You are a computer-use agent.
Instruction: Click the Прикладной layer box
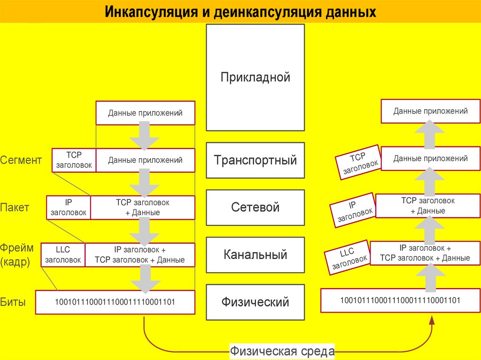pos(255,77)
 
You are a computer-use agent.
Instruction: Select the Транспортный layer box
pos(255,161)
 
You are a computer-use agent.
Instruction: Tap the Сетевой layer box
pos(255,207)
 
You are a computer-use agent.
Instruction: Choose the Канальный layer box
pos(255,255)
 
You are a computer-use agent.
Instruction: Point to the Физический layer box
pos(255,302)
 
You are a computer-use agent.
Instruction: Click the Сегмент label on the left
pos(21,161)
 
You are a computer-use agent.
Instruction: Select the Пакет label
pos(15,207)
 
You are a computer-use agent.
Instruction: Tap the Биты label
pos(13,302)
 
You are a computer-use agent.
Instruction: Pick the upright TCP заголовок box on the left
pos(74,161)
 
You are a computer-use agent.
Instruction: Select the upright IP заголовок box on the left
pos(69,207)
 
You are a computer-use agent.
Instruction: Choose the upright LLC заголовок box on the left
pos(63,255)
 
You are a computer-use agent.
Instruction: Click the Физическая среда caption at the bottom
pos(282,351)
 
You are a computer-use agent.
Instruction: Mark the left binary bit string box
pos(115,302)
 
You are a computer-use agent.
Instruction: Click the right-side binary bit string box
pos(400,300)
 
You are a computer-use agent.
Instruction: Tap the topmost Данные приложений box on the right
pos(430,111)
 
